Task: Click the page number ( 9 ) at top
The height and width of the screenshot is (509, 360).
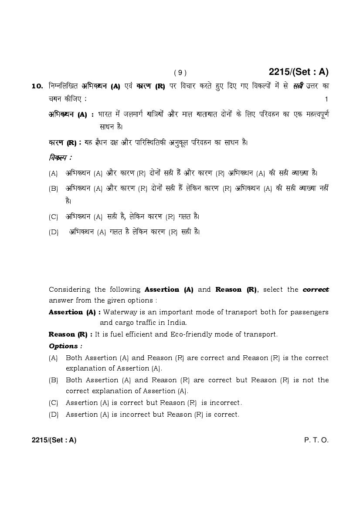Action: (x=180, y=73)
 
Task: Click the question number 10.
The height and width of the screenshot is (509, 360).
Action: (x=37, y=86)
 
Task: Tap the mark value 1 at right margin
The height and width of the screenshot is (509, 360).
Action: (x=326, y=99)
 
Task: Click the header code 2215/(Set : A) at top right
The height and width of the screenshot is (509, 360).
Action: (x=299, y=72)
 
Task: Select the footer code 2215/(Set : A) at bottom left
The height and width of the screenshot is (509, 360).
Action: (x=54, y=440)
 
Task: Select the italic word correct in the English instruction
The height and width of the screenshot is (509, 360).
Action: (x=316, y=290)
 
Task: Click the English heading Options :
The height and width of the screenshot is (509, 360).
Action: (x=65, y=346)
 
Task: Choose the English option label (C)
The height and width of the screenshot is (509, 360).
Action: (x=54, y=403)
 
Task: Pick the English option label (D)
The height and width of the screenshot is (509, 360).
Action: (x=54, y=415)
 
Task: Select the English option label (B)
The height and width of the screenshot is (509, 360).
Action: (x=54, y=380)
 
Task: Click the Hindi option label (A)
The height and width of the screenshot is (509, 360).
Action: (x=54, y=173)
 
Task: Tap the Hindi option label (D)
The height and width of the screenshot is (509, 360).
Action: (x=54, y=232)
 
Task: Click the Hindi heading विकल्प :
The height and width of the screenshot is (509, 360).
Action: (x=60, y=157)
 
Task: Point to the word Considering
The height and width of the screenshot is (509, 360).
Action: (x=70, y=290)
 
